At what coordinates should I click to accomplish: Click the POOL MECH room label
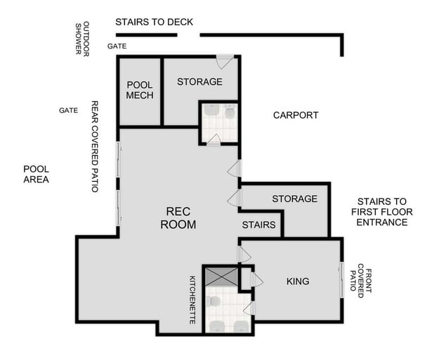[x=140, y=91]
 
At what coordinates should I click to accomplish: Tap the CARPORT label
[x=296, y=115]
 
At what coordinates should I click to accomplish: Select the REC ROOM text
[x=178, y=218]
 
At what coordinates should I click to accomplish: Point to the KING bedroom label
[x=298, y=281]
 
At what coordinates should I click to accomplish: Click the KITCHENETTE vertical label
[x=192, y=299]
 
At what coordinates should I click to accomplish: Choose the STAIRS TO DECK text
[x=154, y=22]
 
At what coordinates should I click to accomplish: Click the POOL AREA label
[x=36, y=174]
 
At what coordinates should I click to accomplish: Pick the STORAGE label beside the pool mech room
[x=199, y=82]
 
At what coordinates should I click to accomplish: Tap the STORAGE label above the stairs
[x=294, y=199]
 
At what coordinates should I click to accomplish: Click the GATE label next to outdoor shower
[x=116, y=46]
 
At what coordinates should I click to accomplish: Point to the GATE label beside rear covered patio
[x=68, y=110]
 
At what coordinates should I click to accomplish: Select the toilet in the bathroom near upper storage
[x=230, y=112]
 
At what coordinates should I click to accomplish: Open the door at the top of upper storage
[x=225, y=62]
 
